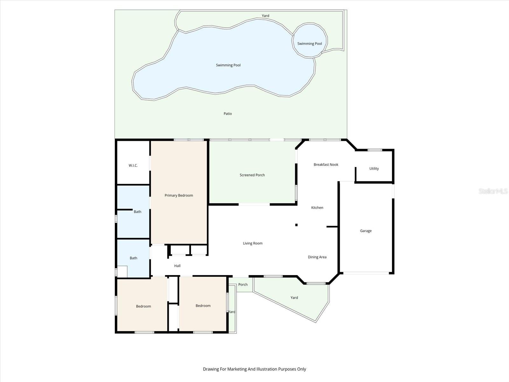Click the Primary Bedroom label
pos(178,195)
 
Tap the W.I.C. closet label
pos(133,166)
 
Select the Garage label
pos(366,231)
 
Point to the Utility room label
pos(374,169)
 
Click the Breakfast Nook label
pos(326,165)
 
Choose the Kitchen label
pos(317,208)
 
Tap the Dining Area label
pos(317,257)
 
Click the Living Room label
pos(253,244)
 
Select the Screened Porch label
pos(252,175)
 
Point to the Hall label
pos(177,266)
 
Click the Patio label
pos(227,114)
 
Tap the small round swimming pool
pos(310,40)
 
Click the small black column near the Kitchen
pos(296,225)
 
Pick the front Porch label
pos(243,285)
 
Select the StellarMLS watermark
pos(492,191)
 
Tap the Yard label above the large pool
pos(265,16)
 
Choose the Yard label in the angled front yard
pos(294,298)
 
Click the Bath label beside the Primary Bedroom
pos(137,212)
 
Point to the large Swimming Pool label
pos(228,65)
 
